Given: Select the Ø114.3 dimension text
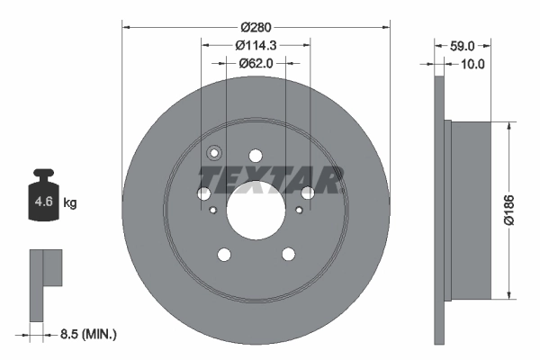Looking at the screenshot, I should (256, 45).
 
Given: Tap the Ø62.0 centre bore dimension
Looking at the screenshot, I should (256, 63).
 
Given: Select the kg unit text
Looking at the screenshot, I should (70, 203).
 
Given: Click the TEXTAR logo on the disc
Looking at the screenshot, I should (270, 180).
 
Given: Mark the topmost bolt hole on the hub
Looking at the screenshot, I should (256, 156).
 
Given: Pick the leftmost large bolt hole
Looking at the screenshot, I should (203, 193).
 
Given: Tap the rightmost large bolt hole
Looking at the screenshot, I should (308, 193).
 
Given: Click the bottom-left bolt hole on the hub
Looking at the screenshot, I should (223, 255).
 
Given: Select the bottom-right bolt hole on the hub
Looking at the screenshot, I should (288, 255).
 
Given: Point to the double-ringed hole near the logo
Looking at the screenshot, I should (214, 153).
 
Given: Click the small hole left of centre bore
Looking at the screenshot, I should (212, 211).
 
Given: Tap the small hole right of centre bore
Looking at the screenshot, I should (299, 210).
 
